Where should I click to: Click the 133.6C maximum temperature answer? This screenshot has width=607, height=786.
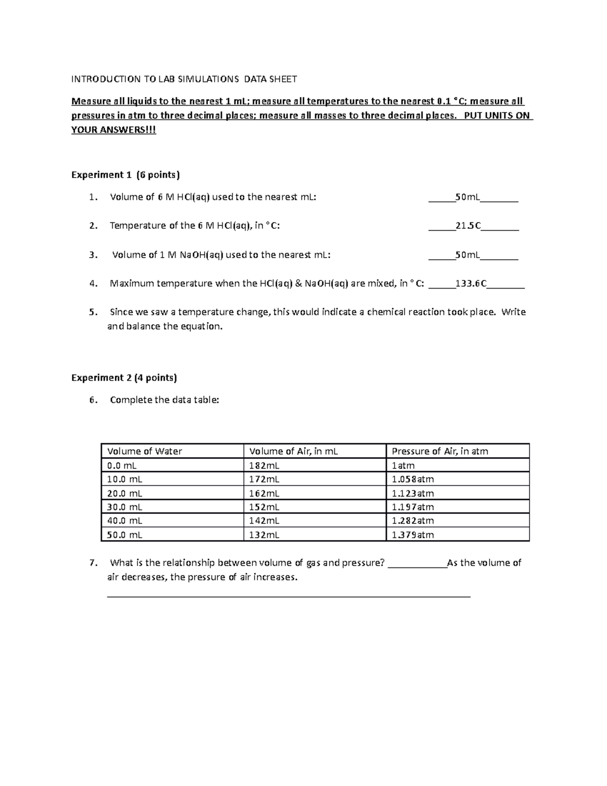471,284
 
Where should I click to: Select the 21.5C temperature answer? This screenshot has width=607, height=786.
468,226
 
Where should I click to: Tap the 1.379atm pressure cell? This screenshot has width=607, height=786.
413,535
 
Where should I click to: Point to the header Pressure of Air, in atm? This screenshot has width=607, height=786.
440,451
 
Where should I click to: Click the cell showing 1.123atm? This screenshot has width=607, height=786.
413,493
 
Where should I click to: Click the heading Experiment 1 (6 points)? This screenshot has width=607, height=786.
125,175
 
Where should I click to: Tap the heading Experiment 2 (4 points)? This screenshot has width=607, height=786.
124,378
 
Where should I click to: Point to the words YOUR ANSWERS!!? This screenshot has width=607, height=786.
114,130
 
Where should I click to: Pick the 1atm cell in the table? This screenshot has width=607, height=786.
403,466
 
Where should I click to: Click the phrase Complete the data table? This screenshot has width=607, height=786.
164,400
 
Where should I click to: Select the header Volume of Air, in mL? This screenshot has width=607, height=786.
293,451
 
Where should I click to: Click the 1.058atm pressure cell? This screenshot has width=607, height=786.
413,479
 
